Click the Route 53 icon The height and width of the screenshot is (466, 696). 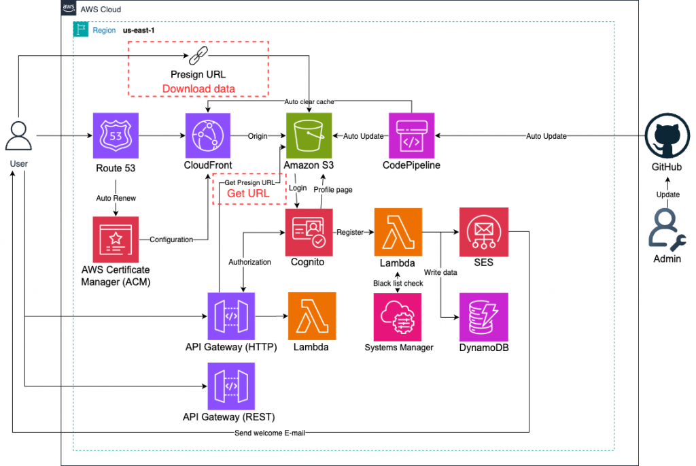(x=116, y=136)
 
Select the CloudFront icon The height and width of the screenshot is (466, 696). (x=209, y=136)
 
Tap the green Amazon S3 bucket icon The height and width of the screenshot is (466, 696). (x=309, y=136)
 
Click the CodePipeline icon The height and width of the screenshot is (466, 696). (x=411, y=136)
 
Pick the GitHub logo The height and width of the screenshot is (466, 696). (x=667, y=137)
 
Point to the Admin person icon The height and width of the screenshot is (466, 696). (x=667, y=228)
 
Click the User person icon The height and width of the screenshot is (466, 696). (x=19, y=137)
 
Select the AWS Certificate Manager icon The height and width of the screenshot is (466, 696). (x=116, y=240)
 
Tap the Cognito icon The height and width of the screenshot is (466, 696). (x=309, y=232)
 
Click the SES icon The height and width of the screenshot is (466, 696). (x=483, y=232)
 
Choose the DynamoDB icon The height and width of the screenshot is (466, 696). (x=483, y=316)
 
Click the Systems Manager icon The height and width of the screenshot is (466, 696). (x=398, y=316)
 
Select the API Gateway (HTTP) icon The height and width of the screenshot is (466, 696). (x=231, y=316)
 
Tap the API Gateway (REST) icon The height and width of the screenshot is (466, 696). (x=231, y=386)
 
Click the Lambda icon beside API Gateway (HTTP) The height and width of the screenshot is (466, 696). (x=312, y=316)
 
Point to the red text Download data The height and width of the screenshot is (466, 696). (x=198, y=88)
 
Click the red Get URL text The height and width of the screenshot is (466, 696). (x=247, y=193)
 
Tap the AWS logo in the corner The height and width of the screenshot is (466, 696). (x=69, y=9)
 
